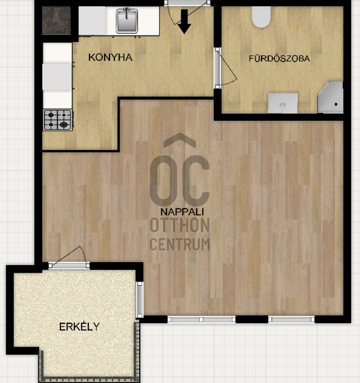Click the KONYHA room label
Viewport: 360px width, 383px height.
110,57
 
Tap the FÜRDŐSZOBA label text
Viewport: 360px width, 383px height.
280,58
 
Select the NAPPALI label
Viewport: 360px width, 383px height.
182,212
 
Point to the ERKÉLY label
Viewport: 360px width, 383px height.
79,327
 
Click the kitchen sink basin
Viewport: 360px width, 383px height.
126,20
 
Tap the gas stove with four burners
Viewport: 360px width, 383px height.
58,120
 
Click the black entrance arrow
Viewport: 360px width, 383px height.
184,21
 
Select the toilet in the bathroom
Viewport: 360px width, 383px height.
261,16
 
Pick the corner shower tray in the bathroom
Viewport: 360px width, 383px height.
331,98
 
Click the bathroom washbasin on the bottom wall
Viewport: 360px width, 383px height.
282,103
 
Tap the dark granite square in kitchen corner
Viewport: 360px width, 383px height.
56,20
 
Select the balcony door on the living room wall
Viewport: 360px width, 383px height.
69,265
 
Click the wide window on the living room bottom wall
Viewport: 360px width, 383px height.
202,319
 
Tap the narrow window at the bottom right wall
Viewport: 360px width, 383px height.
291,319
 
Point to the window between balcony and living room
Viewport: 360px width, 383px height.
140,300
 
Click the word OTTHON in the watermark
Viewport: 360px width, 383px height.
180,225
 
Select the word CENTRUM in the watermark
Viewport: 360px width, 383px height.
180,244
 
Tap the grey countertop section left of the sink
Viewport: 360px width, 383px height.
92,20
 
